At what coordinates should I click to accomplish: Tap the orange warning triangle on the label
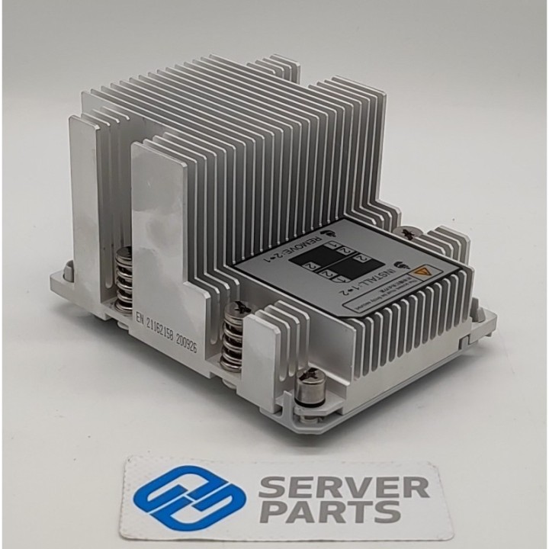click(x=422, y=272)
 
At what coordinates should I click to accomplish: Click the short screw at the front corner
click(x=311, y=385)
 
